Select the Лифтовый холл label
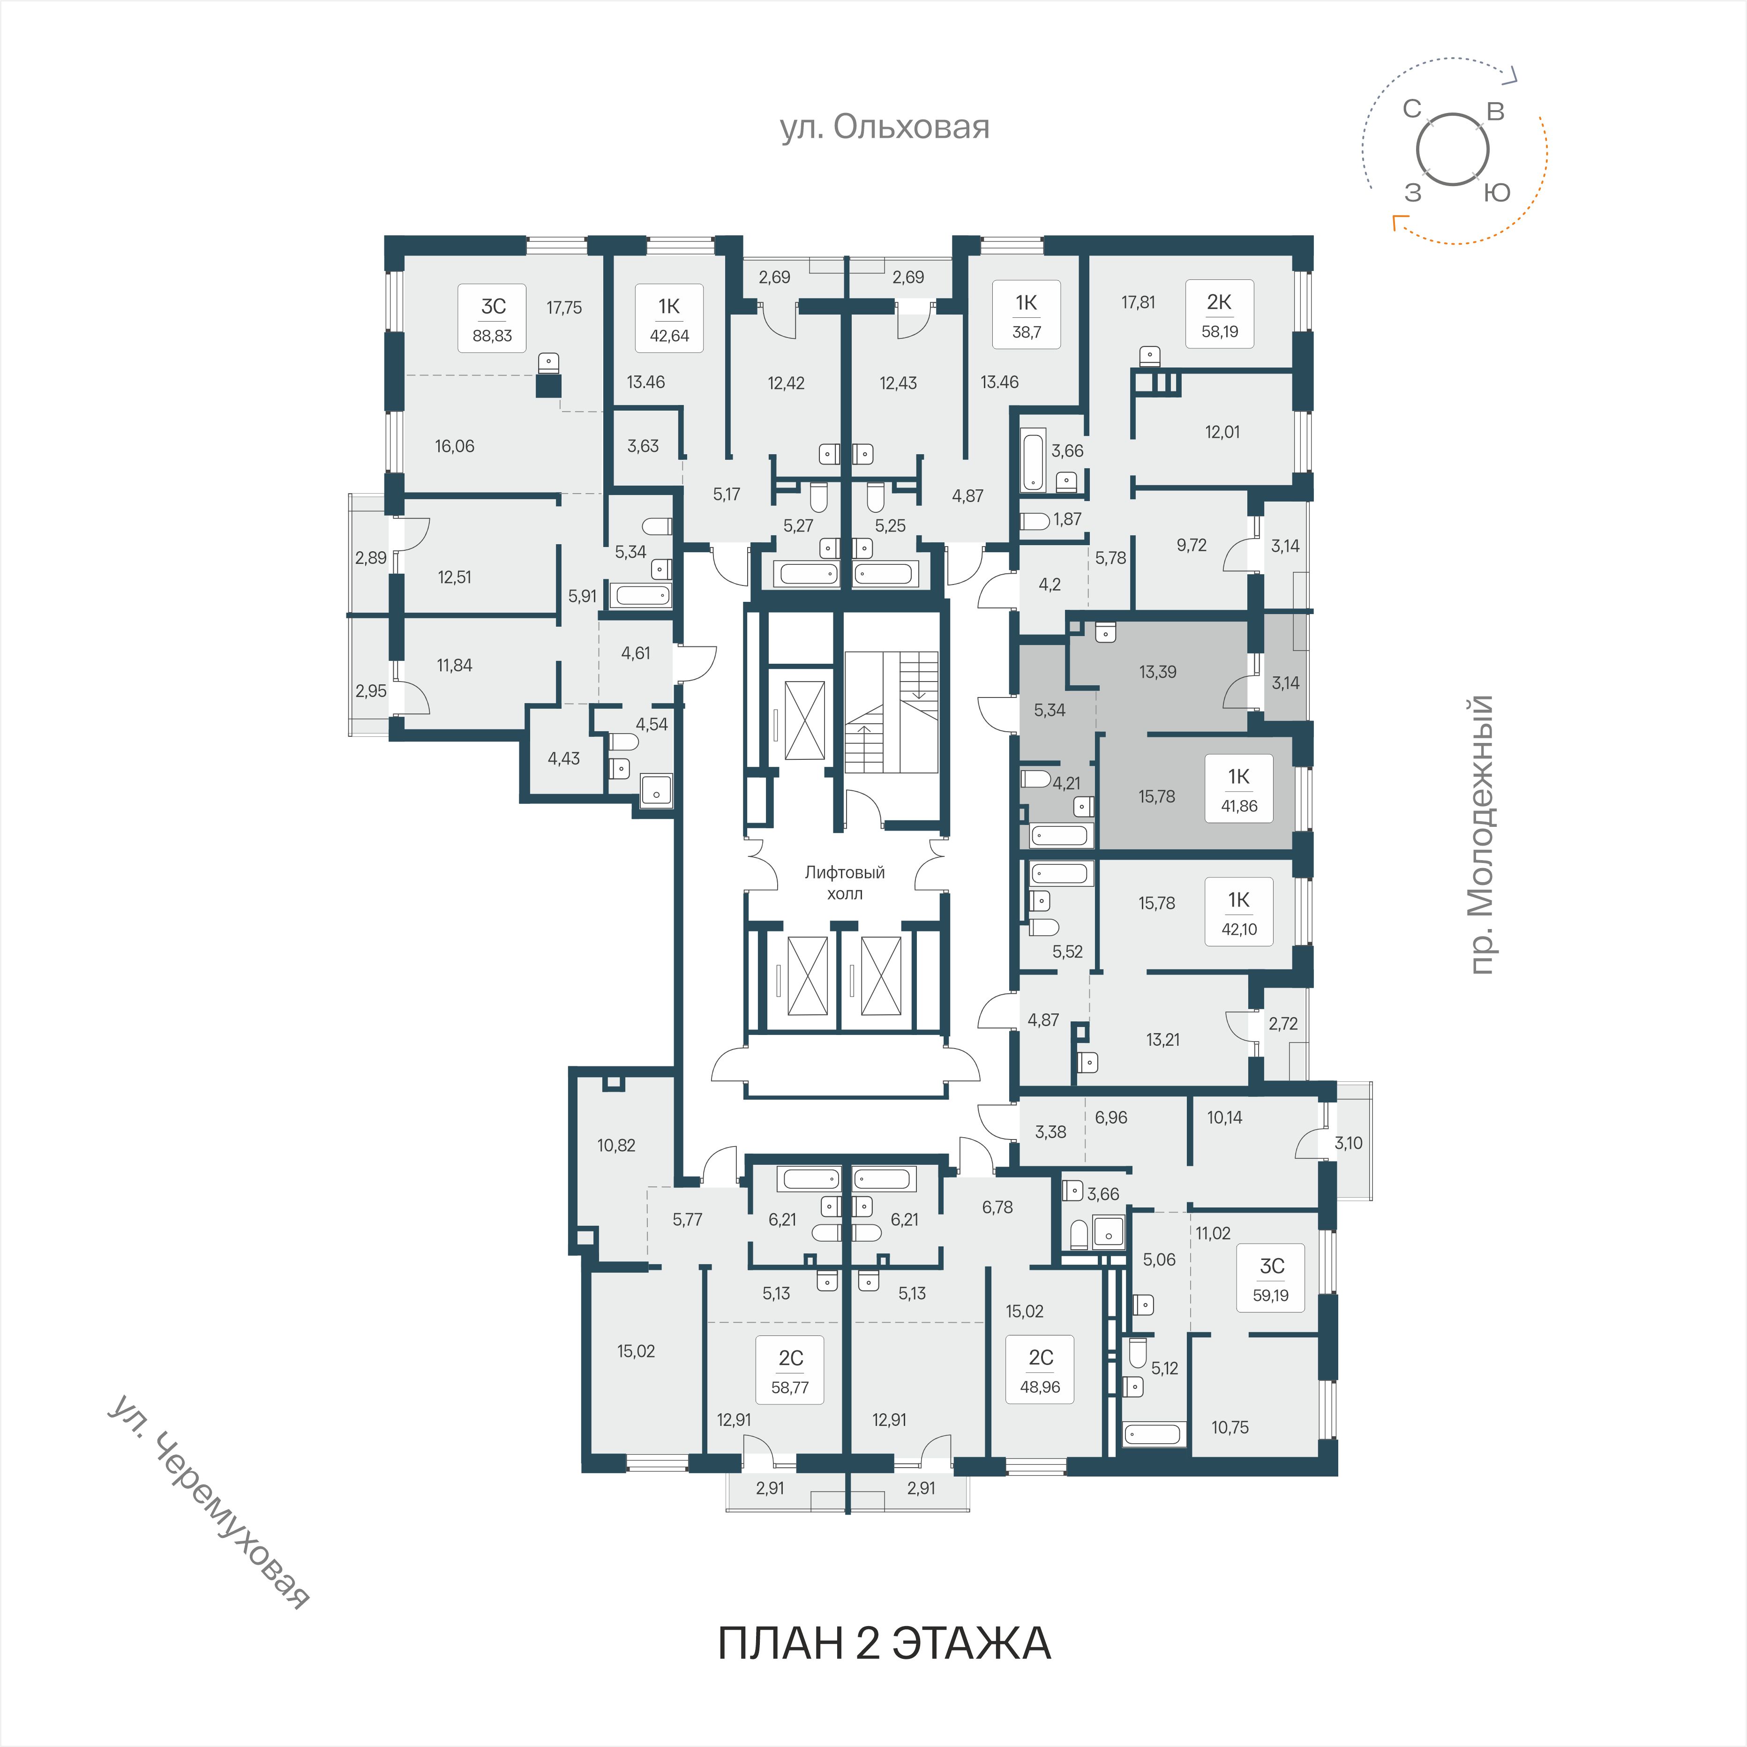[845, 883]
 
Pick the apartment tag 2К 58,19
[1219, 315]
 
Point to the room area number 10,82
[616, 1145]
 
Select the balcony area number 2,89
[371, 558]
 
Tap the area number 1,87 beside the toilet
[1067, 519]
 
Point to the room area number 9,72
[1191, 545]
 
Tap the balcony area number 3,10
[1348, 1143]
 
